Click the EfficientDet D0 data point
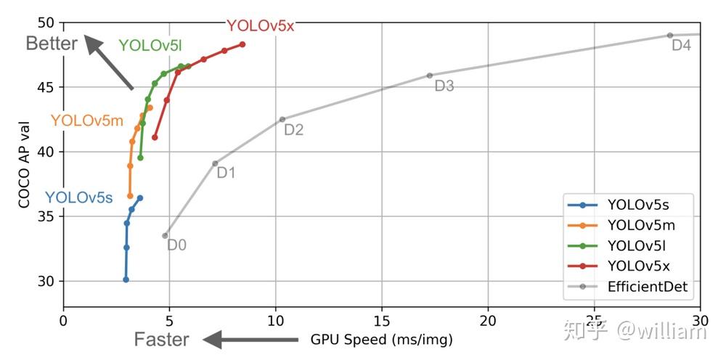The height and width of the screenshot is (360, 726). click(166, 235)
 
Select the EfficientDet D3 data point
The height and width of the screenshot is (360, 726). click(429, 75)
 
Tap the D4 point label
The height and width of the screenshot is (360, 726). click(681, 46)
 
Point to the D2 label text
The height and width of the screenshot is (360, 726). click(293, 131)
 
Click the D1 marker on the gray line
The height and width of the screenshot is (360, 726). click(215, 163)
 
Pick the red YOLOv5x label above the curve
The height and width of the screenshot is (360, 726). click(260, 26)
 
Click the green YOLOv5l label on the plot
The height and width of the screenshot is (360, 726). click(150, 46)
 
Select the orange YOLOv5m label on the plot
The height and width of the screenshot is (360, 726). click(86, 120)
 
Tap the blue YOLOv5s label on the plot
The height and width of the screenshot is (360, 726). click(78, 197)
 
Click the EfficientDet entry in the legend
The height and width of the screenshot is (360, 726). click(648, 287)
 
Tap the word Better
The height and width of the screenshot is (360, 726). click(51, 44)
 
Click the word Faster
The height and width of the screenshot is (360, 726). click(161, 339)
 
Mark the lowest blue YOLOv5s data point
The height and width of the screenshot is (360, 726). click(126, 279)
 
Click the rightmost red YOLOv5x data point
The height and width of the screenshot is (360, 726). click(242, 44)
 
